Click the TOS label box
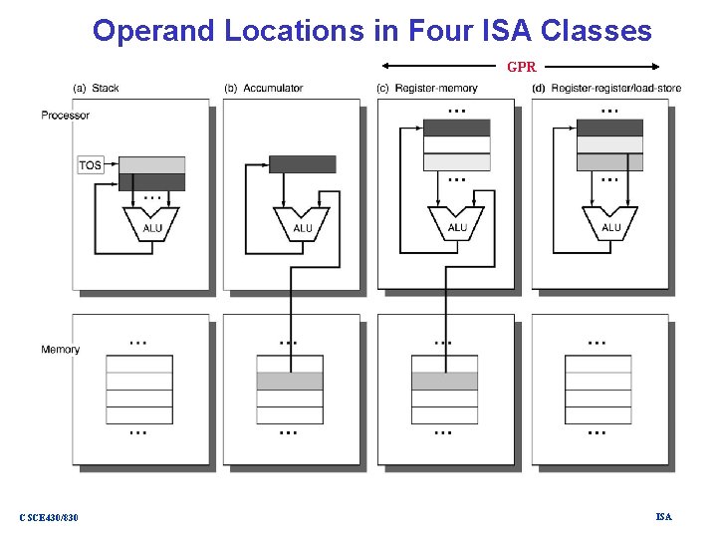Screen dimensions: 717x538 coord(91,165)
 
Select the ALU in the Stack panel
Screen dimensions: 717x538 coord(151,224)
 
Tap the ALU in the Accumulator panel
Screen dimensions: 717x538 coord(303,224)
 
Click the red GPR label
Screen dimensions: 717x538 coord(522,68)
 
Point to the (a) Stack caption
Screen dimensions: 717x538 coord(96,89)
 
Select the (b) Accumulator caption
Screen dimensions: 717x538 coord(264,89)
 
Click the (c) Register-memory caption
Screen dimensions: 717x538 coord(427,89)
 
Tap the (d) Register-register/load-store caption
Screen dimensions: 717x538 coord(607,89)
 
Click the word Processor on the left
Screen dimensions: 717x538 coord(66,116)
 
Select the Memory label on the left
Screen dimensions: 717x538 coord(61,350)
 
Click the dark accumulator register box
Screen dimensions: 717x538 coord(303,164)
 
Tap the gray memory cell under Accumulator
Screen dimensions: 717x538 coord(290,381)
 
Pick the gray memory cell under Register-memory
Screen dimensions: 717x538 coord(444,381)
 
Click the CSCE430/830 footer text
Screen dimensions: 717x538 coord(49,517)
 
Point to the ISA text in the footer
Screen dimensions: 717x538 coord(663,516)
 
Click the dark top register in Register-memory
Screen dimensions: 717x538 coord(457,128)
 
